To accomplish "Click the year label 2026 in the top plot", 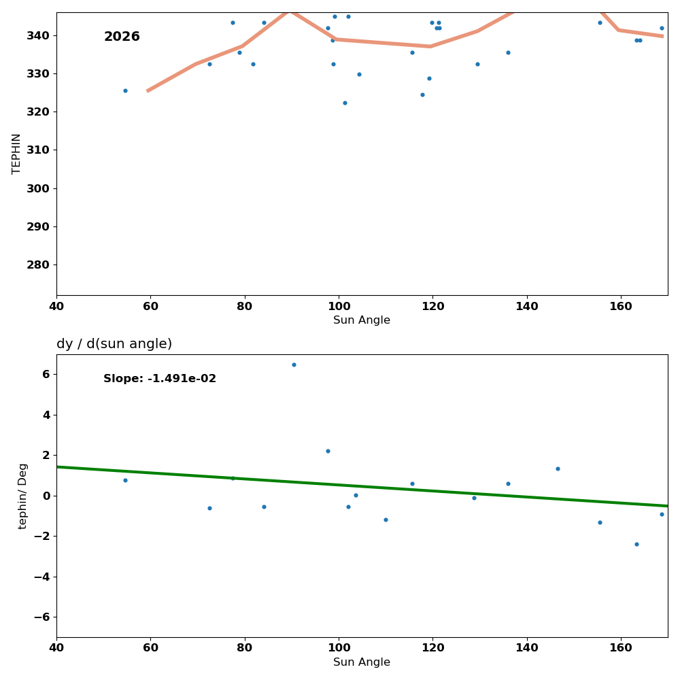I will [122, 37].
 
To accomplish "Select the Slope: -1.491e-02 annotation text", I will [160, 379].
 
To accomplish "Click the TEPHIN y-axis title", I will [16, 154].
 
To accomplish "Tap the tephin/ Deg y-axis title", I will [23, 496].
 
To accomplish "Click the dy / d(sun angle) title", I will [114, 344].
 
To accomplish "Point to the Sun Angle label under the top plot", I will [362, 320].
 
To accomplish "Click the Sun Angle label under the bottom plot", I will [362, 662].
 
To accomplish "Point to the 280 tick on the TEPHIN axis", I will [38, 265].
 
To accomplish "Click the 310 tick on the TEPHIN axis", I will [38, 150].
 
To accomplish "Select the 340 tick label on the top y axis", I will [38, 35].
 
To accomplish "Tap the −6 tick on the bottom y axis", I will [41, 617].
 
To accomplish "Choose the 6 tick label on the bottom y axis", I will [46, 374].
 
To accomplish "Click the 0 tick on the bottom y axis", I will [46, 496].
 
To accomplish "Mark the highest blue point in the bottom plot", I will [294, 364].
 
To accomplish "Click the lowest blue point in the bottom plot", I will [636, 544].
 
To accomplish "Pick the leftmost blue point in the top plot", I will [125, 90].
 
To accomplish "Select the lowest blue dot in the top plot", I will [345, 103].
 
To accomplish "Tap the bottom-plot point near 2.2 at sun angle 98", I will [328, 451].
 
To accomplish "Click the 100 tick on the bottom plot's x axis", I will [339, 647].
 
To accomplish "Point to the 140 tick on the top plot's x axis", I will [527, 306].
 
